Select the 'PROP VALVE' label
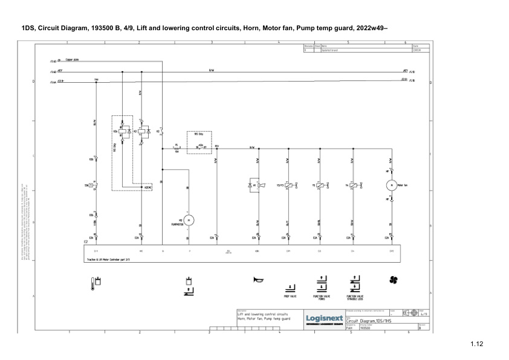coord(290,297)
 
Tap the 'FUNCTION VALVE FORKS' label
coord(321,297)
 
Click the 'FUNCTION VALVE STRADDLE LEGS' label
coord(355,297)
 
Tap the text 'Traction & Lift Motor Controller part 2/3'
coord(108,259)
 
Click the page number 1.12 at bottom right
coord(477,344)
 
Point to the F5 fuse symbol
coord(177,147)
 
